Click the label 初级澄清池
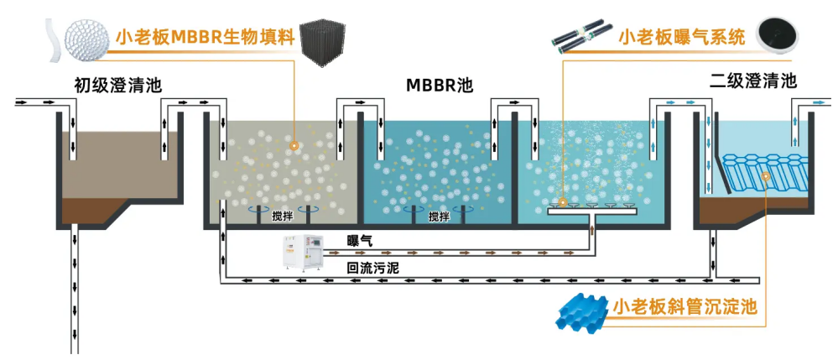coord(117,84)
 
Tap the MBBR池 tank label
coord(440,86)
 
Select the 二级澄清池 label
coord(752,81)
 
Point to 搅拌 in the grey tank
coord(284,216)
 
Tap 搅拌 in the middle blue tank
coord(439,216)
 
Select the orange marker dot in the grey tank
coord(294,145)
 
